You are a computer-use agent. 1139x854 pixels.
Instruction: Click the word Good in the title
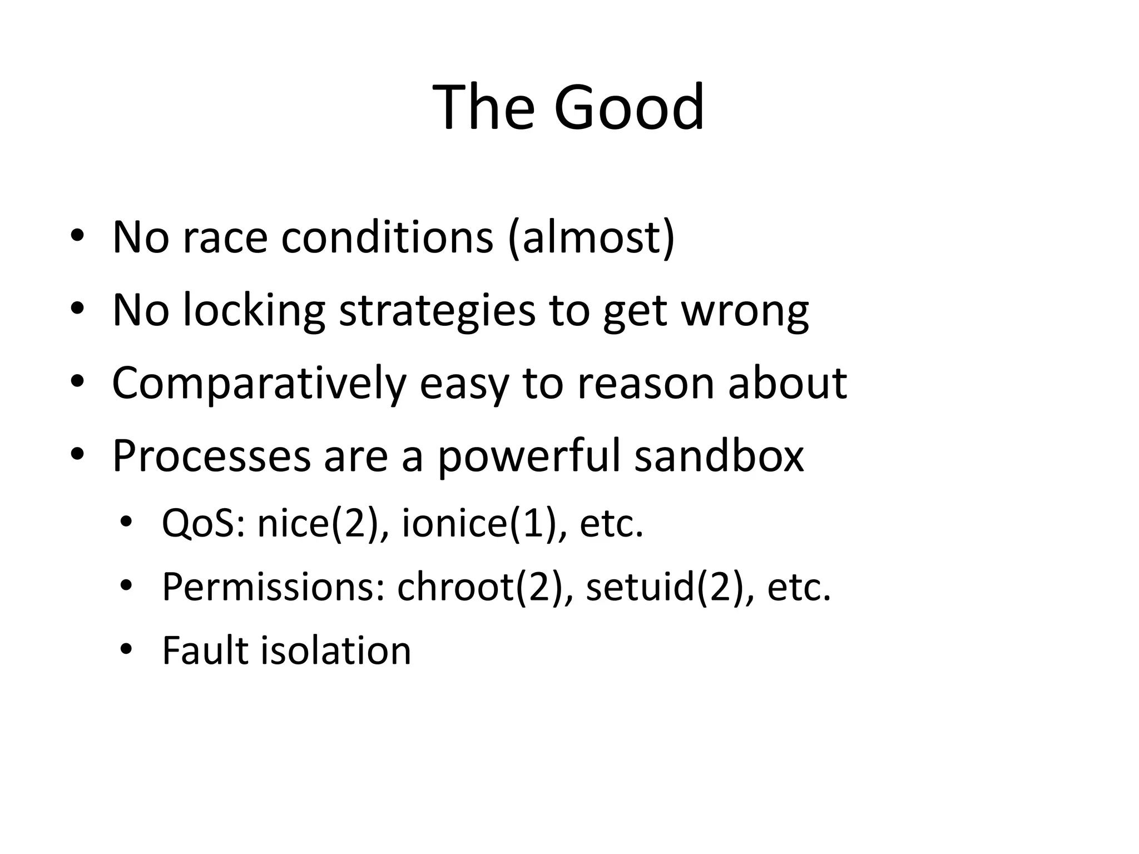(628, 107)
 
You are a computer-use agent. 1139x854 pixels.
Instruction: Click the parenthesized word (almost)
(591, 238)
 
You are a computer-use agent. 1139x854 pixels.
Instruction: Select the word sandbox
(719, 456)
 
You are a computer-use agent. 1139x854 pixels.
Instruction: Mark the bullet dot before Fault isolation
(127, 649)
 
